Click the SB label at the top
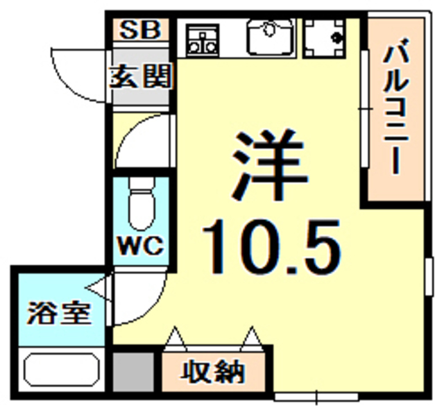point(142,31)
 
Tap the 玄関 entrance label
point(142,77)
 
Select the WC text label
point(142,246)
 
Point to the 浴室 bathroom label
point(59,313)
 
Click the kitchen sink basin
point(271,37)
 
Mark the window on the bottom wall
point(316,397)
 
